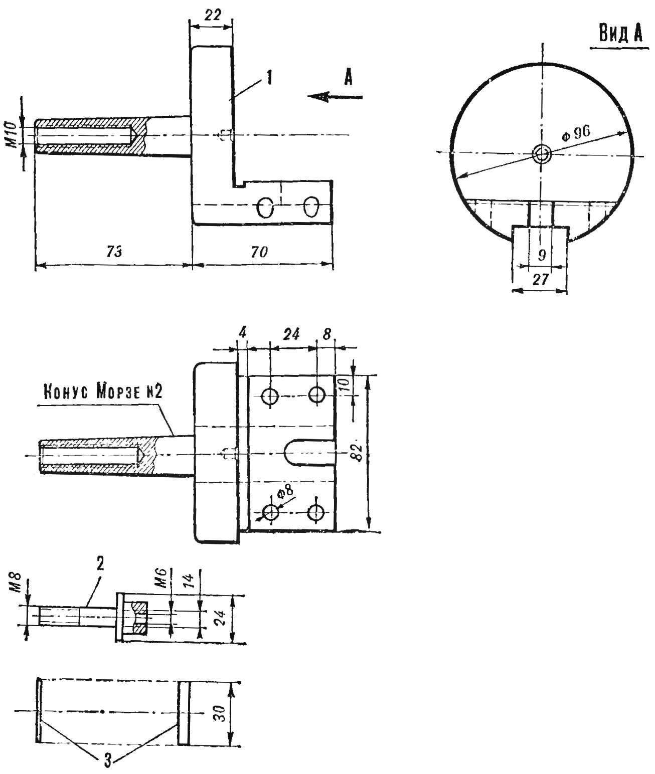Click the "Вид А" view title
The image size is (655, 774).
pos(620,33)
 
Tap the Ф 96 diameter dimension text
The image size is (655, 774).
pos(576,133)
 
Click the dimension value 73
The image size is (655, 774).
pos(113,252)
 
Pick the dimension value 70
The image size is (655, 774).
pos(259,252)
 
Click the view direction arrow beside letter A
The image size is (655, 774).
pos(335,97)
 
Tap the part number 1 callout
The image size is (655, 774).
pos(270,79)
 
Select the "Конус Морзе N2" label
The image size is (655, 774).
pos(103,394)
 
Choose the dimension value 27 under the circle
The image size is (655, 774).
pos(540,279)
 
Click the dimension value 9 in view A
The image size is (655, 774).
pos(542,255)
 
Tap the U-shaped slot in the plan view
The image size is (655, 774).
pos(309,453)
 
